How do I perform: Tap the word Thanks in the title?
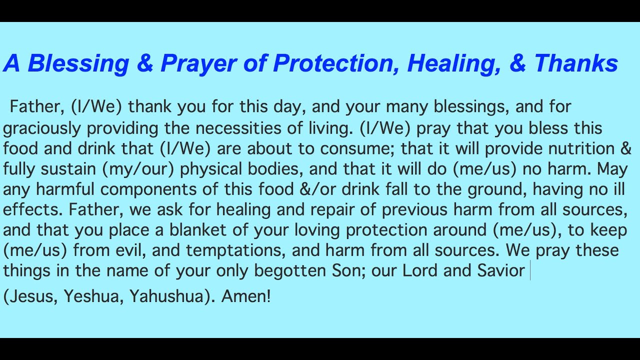(x=576, y=63)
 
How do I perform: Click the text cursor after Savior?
(x=530, y=271)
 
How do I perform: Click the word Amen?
(x=245, y=297)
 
